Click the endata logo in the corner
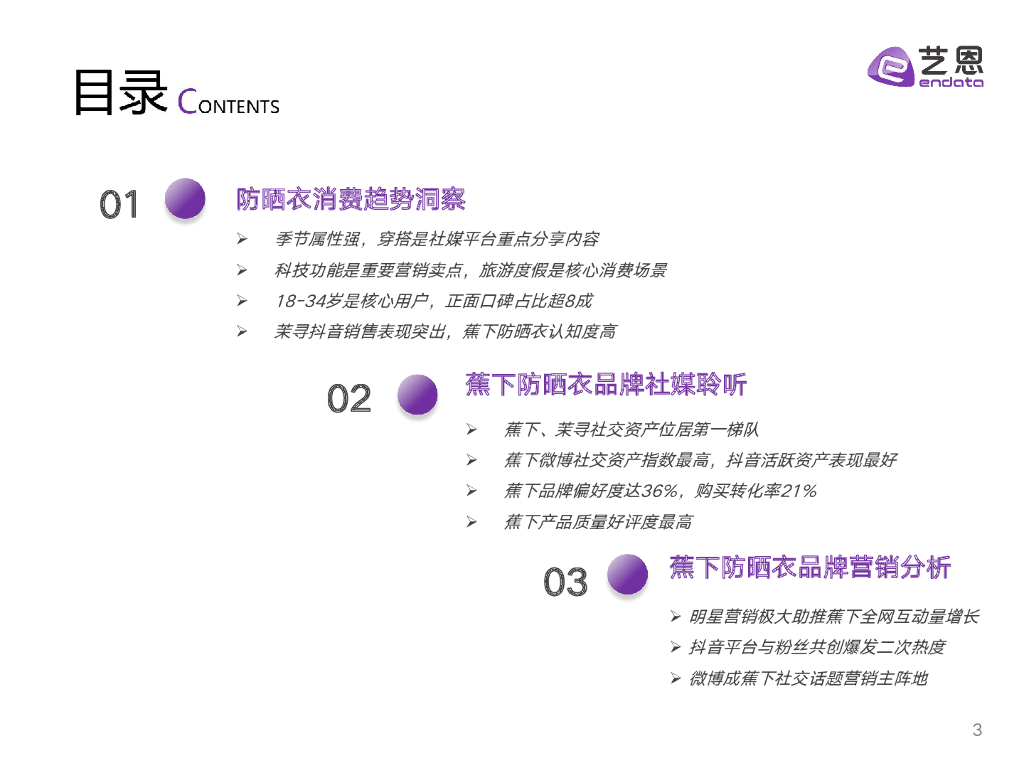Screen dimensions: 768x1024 pos(925,68)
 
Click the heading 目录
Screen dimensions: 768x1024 pos(118,95)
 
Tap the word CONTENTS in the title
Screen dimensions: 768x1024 pos(228,103)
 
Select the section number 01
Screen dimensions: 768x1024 pos(119,205)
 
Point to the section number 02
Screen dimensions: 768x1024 pos(349,399)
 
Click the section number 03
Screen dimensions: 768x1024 pos(566,581)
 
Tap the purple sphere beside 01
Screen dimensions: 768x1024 pos(184,198)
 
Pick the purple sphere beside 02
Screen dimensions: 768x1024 pos(417,394)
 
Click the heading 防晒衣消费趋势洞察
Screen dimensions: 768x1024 pos(351,199)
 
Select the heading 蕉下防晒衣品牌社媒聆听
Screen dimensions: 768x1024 pos(606,385)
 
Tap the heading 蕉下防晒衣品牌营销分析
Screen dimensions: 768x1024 pos(810,568)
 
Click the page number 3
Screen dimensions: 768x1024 pos(977,730)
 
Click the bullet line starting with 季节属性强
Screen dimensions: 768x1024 pos(437,239)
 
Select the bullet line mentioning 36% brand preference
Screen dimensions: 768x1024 pos(660,490)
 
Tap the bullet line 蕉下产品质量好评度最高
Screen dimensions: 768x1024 pos(598,521)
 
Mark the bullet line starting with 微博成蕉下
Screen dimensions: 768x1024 pos(808,678)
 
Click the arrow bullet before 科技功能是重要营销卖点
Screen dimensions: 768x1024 pos(241,270)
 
